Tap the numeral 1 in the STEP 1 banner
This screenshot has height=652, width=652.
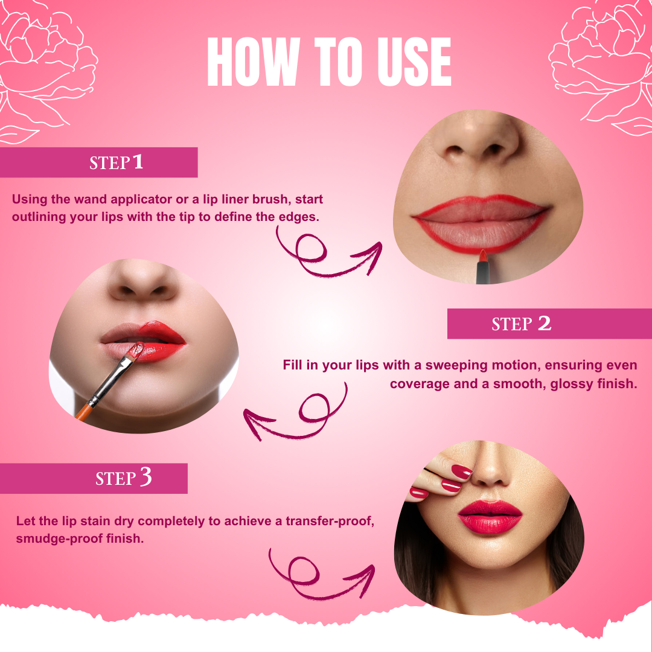coord(138,162)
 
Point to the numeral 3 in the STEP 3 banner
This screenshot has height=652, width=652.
coord(145,478)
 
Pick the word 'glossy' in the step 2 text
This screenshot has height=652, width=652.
coord(570,384)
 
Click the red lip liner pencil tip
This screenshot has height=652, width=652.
coord(483,255)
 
